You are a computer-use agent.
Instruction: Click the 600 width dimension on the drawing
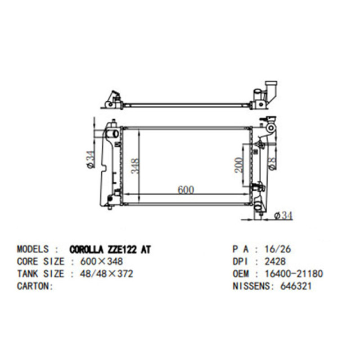pyautogui.click(x=186, y=190)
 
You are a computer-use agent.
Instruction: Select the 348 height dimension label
pyautogui.click(x=135, y=166)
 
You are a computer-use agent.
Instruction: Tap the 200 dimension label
pyautogui.click(x=238, y=165)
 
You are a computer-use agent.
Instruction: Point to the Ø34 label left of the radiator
pyautogui.click(x=90, y=160)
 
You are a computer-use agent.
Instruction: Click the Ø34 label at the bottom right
pyautogui.click(x=283, y=215)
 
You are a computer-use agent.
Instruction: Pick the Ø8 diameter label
pyautogui.click(x=272, y=164)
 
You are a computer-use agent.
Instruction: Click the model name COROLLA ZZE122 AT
pyautogui.click(x=110, y=250)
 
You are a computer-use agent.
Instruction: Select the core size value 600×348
pyautogui.click(x=101, y=262)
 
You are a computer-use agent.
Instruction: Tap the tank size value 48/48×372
pyautogui.click(x=106, y=274)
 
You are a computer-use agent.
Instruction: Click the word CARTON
pyautogui.click(x=33, y=286)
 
